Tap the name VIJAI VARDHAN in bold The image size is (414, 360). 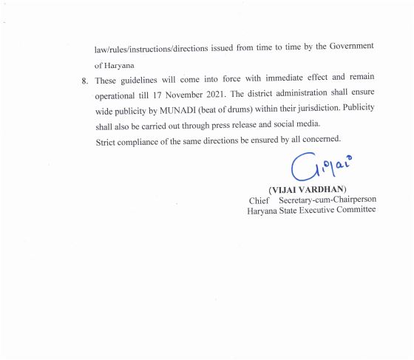309,189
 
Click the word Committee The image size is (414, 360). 354,211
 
